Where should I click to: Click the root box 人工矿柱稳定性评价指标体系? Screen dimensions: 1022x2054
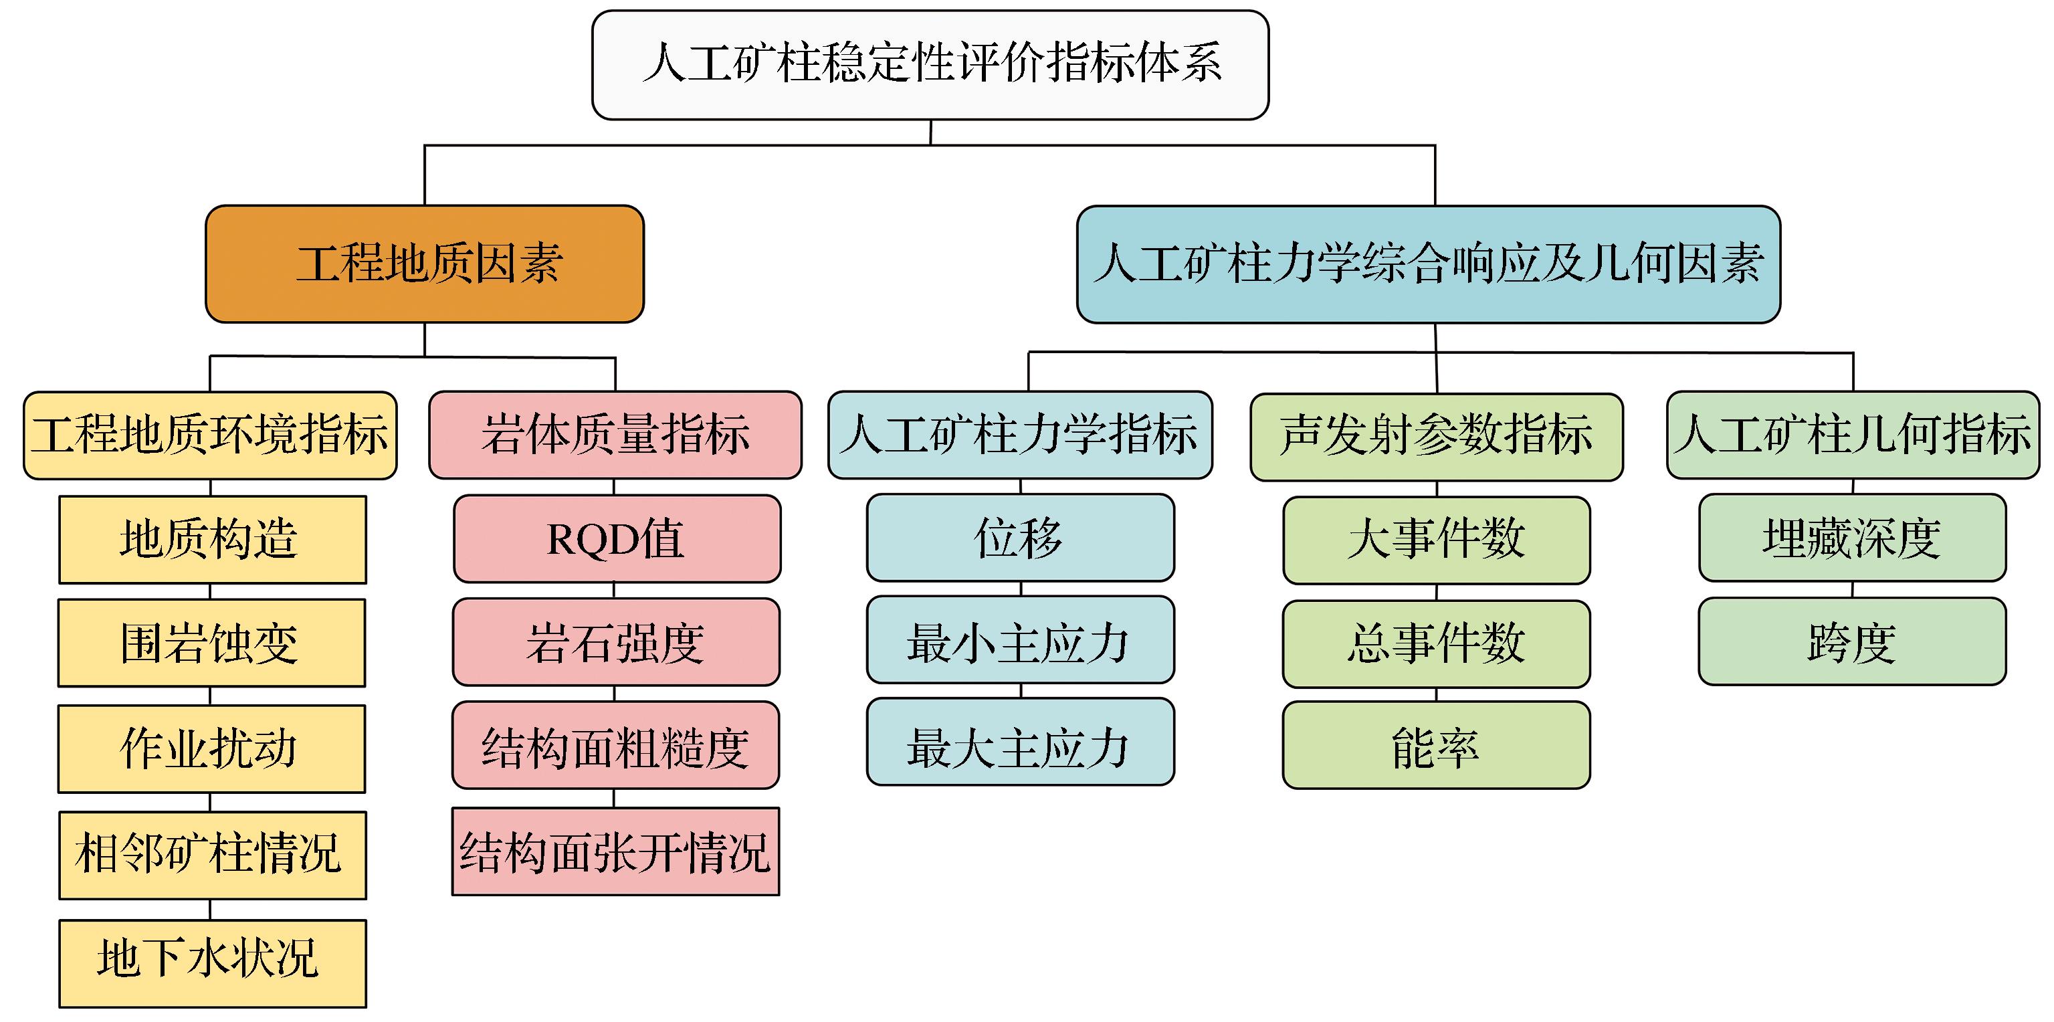(x=930, y=65)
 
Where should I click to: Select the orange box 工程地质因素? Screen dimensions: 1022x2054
(x=424, y=264)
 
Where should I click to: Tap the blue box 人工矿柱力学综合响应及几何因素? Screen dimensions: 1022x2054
(x=1427, y=264)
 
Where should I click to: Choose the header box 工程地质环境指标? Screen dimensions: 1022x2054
(x=210, y=435)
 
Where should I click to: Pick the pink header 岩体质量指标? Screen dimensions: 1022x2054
(x=615, y=435)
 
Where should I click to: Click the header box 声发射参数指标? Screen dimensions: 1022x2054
(x=1436, y=436)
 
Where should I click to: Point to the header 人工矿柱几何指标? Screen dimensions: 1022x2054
(x=1852, y=435)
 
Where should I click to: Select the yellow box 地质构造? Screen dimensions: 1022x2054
(x=212, y=539)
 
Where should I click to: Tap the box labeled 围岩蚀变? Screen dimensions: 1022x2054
(x=211, y=643)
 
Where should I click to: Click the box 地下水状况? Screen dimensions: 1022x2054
(x=212, y=962)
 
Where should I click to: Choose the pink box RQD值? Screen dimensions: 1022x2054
(x=617, y=539)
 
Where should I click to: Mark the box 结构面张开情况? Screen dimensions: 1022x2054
(x=615, y=851)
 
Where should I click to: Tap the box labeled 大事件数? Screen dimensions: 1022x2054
(x=1436, y=540)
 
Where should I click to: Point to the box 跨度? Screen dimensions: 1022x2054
(x=1851, y=641)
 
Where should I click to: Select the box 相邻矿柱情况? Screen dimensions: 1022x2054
(x=212, y=855)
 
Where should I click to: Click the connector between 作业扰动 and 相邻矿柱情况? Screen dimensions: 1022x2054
(x=210, y=802)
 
